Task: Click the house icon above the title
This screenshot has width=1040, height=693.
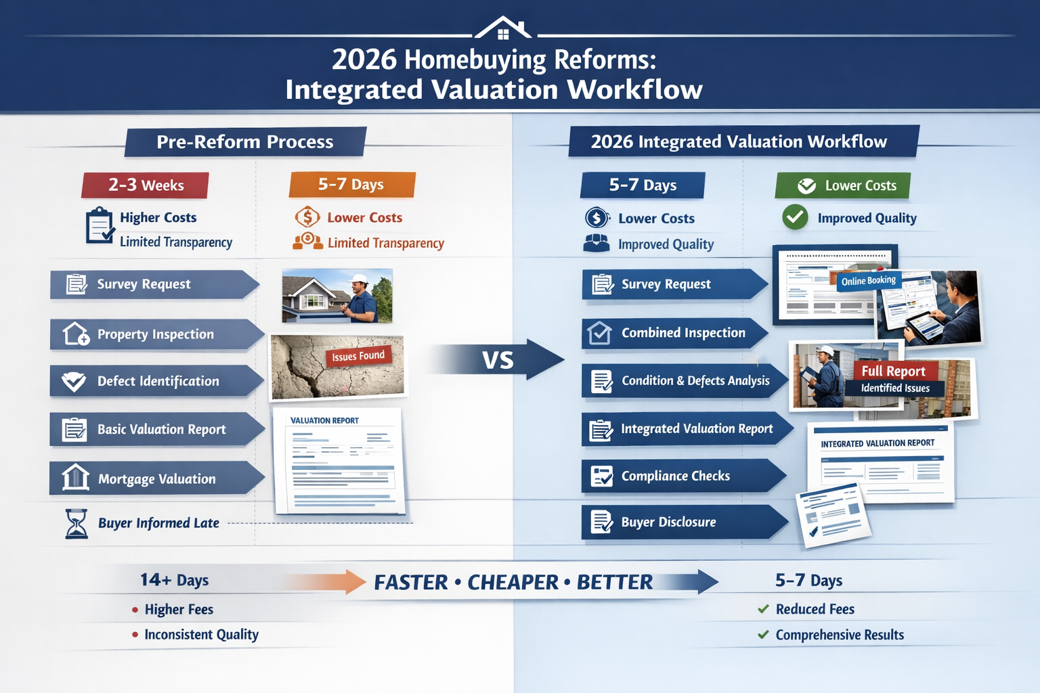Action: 502,28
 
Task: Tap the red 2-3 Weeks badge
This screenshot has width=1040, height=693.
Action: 145,185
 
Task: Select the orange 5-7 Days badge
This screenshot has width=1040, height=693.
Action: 351,184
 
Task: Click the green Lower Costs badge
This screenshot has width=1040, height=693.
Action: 843,185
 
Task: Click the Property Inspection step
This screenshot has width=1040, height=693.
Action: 155,334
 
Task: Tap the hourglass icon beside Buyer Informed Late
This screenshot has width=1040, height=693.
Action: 77,524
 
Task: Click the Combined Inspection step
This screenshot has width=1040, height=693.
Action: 674,333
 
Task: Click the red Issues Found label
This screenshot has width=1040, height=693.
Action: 358,356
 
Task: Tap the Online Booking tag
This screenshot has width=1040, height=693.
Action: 868,281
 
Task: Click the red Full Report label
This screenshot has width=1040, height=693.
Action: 893,371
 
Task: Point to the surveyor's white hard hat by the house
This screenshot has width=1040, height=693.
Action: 358,279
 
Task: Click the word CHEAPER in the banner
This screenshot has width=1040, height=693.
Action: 513,582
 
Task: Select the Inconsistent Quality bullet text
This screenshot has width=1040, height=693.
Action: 201,635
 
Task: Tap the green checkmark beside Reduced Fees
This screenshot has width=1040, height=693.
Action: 763,609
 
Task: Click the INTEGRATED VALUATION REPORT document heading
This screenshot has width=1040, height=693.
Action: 877,443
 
